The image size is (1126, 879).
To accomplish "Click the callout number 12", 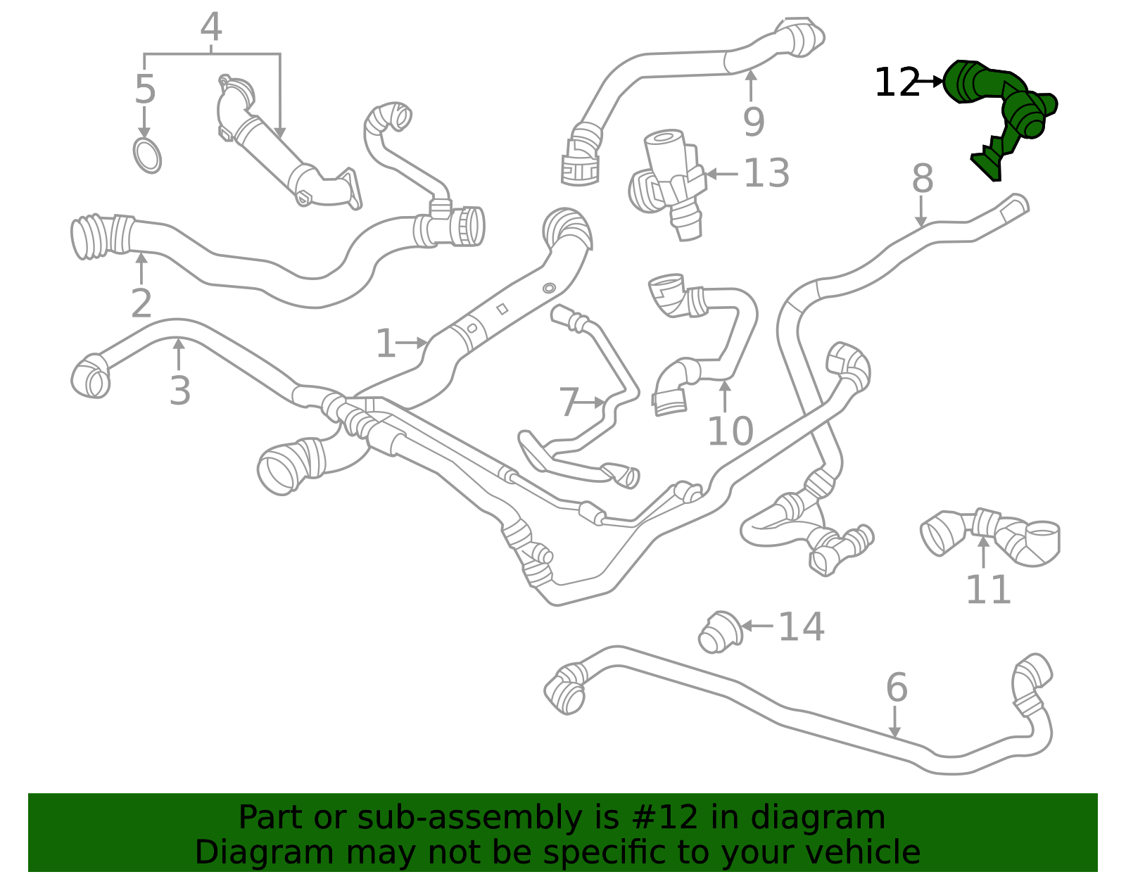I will (x=897, y=83).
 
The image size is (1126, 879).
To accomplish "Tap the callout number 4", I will (x=211, y=28).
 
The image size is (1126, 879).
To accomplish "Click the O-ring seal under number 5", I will (x=147, y=156).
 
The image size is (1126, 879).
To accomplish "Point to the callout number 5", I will (x=145, y=90).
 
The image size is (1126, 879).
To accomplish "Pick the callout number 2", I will (x=141, y=303).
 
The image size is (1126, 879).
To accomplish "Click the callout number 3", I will (x=180, y=391).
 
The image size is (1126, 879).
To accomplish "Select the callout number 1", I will (x=386, y=343).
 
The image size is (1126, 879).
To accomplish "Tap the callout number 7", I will (x=569, y=403).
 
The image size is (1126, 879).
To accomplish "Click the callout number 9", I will (x=754, y=122).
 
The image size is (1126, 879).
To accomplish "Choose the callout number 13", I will (x=766, y=173).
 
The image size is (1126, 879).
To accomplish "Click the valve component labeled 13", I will (x=669, y=179).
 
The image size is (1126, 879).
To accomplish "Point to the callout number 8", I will (x=922, y=179).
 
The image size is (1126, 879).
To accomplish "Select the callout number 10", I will (x=730, y=431).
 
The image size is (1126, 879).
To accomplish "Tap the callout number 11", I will (x=988, y=590).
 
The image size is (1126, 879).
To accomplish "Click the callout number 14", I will (x=801, y=626).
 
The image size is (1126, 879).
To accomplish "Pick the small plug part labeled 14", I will (x=719, y=632).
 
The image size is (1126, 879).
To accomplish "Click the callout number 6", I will (x=897, y=687).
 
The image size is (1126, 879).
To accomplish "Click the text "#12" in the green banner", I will (x=665, y=818).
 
